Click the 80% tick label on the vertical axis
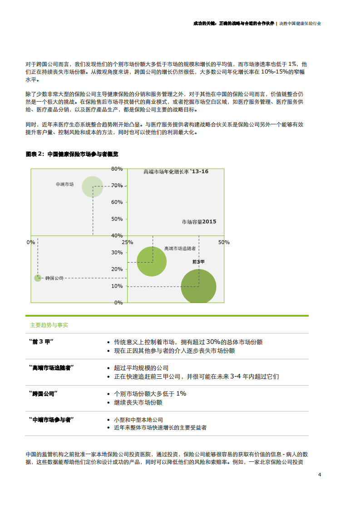117,169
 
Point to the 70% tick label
117,186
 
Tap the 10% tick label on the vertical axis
117,286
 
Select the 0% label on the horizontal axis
31,242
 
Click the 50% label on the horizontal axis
224,242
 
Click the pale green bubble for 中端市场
92,186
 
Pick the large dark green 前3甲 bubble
198,286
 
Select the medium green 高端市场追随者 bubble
152,261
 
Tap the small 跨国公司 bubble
38,278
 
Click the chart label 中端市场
64,184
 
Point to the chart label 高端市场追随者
180,249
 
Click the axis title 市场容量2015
199,222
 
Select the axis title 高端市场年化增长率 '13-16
176,171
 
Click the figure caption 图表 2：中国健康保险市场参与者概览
72,154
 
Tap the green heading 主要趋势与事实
49,325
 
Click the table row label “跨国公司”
43,393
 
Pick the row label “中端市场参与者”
51,420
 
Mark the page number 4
320,475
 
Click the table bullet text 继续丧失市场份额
138,402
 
